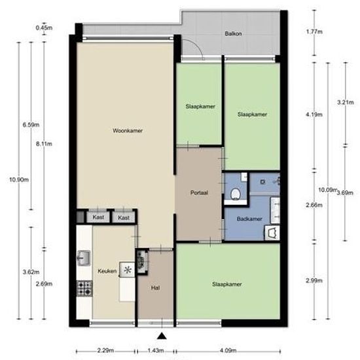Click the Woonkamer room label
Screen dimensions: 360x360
(128, 131)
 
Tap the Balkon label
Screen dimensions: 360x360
(233, 34)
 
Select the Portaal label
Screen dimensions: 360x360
(199, 192)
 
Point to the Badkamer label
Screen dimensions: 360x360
(249, 219)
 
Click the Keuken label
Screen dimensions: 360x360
(107, 271)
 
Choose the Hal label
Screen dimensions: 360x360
(155, 288)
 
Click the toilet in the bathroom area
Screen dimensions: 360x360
(236, 194)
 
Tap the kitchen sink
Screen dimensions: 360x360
(84, 259)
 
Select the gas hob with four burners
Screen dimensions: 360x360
(84, 288)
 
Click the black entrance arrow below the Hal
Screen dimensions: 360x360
(162, 336)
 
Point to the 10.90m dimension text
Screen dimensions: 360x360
(19, 179)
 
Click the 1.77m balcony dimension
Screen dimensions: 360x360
(314, 31)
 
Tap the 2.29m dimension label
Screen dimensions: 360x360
(105, 351)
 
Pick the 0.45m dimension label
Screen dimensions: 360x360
(44, 27)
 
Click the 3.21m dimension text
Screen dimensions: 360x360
(346, 102)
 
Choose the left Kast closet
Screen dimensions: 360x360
(98, 217)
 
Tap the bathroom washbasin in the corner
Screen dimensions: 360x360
(272, 233)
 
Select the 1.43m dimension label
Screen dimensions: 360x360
(156, 351)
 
